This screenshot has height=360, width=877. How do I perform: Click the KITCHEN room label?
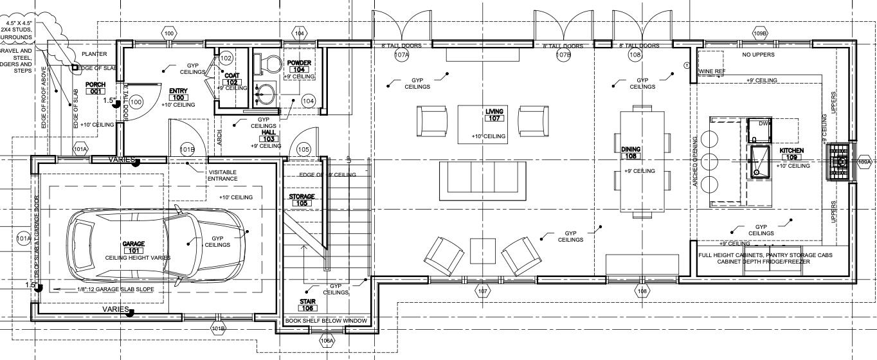[791, 154]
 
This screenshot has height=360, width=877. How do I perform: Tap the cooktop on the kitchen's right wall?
[838, 162]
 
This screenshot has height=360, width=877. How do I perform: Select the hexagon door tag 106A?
[327, 340]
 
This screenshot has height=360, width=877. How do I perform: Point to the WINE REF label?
[712, 71]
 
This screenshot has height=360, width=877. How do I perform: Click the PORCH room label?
[95, 88]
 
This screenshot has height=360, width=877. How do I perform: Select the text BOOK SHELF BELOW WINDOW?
[327, 321]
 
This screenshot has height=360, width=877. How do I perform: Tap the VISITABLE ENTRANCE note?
[222, 175]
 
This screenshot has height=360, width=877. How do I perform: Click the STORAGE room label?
[302, 199]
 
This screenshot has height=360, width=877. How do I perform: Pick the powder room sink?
[265, 94]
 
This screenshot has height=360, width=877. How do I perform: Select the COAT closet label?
[232, 79]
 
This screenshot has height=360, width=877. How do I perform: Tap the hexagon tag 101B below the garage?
[219, 328]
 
